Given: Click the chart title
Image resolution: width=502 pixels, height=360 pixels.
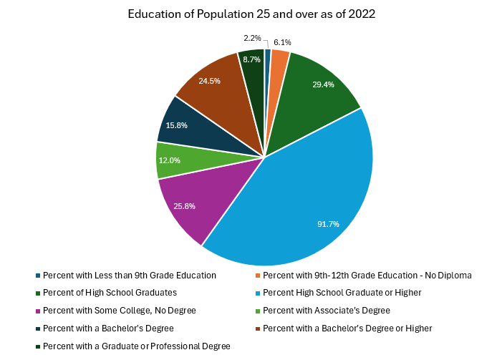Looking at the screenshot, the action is coord(251,14).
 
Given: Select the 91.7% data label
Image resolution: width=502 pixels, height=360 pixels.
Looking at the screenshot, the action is coord(328,224).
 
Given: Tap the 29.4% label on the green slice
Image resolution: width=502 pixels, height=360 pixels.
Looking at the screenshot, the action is coord(324,84).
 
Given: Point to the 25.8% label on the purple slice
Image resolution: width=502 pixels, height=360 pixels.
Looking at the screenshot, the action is coord(185,206).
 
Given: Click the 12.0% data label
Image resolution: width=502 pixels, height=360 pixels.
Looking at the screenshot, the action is coord(169,160).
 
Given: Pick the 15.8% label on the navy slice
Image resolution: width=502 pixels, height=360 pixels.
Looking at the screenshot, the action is coord(176,125).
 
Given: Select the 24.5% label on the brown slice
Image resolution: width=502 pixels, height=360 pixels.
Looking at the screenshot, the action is coord(209,81).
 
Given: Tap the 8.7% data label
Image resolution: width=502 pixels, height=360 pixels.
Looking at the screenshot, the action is coord(251,59).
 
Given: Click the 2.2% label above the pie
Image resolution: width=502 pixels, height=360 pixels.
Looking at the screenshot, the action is coord(252,38).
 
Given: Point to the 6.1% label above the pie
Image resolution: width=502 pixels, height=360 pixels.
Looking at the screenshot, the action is coord(282,42).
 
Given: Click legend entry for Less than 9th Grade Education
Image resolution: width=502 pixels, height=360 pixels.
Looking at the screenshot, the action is coord(126,276).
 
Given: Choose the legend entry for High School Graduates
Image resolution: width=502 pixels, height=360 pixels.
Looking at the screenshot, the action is coord(106,293).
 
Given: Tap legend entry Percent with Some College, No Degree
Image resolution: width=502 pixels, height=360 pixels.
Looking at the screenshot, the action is coord(116,311).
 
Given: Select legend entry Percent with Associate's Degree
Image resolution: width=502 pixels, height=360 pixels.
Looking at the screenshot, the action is coord(323,311).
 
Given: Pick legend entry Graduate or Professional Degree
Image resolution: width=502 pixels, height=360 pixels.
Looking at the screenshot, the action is coord(133,346).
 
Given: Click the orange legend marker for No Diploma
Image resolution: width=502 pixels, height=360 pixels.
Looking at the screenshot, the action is coord(258,276).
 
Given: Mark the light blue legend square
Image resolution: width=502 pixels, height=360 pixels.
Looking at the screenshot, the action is coord(258,293).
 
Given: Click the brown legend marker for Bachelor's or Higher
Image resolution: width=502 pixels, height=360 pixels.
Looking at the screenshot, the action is coord(258,329).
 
